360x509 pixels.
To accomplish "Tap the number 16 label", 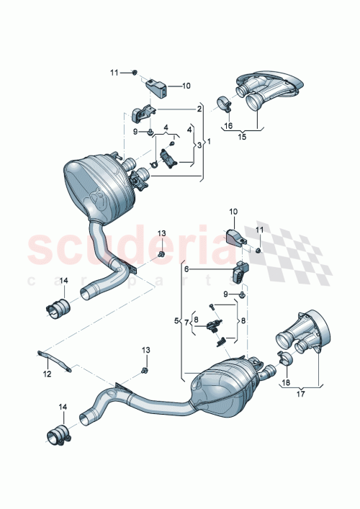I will [228, 125].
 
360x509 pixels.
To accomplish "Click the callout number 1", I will [209, 140].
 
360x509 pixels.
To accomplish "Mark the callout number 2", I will [199, 109].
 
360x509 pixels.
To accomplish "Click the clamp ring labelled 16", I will [224, 107].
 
